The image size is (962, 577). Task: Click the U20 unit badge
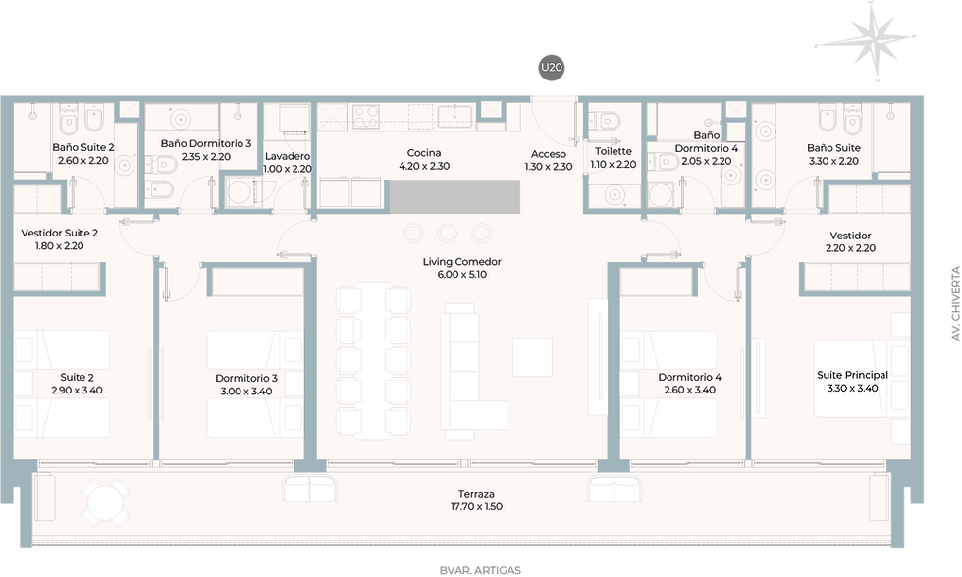[x=551, y=68]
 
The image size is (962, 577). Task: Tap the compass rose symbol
[x=866, y=40]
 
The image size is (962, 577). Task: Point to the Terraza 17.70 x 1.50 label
[x=476, y=499]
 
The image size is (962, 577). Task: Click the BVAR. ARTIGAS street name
[x=480, y=570]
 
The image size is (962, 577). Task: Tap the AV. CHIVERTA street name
[x=954, y=303]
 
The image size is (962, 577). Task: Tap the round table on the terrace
[x=106, y=502]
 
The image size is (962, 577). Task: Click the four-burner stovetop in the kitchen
[x=365, y=116]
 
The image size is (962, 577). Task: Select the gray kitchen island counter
[x=454, y=196]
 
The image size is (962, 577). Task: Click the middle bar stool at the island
[x=448, y=233]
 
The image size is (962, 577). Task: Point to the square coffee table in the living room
[x=532, y=357]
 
